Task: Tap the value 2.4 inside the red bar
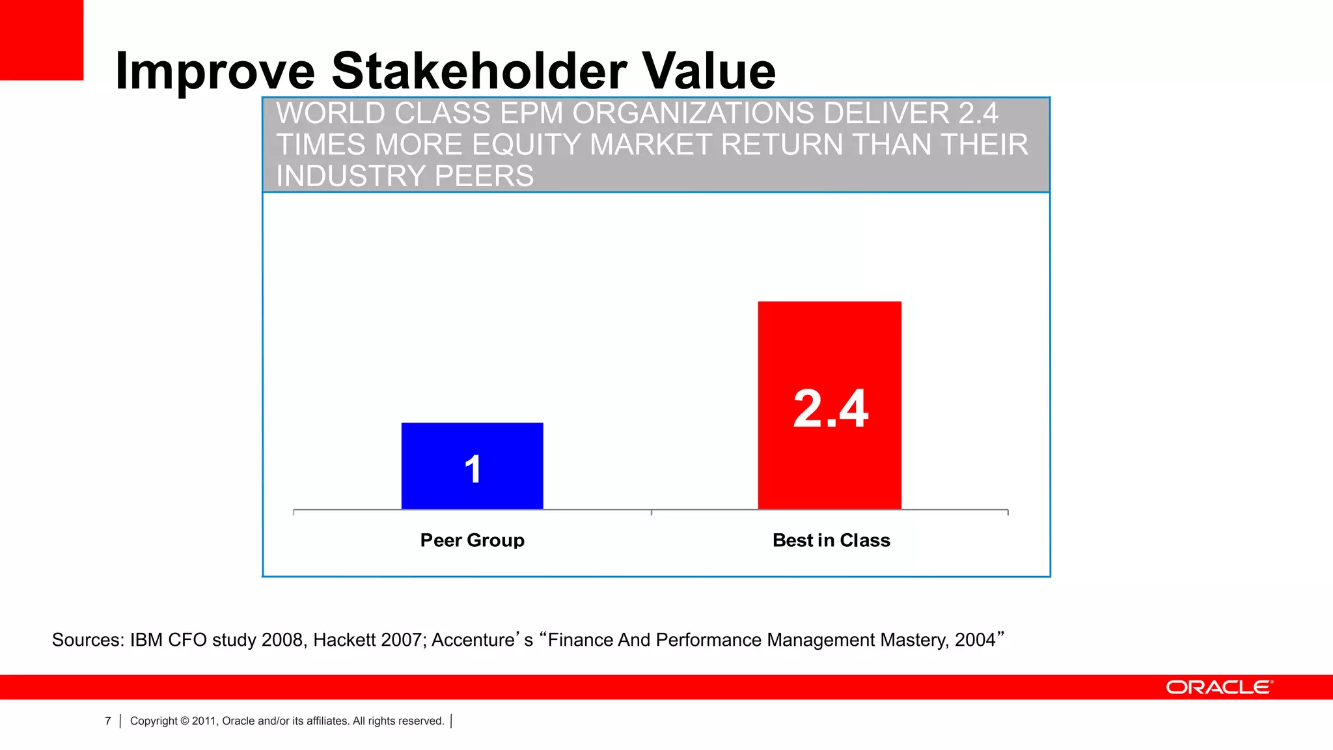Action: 831,409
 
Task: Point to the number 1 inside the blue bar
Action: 473,469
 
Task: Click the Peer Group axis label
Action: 472,540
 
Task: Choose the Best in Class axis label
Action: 831,540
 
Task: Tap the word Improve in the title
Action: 215,72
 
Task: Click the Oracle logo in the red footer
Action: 1219,687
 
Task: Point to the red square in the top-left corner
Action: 41,40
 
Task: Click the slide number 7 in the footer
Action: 108,721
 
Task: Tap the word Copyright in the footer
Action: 154,721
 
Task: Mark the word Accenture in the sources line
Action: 473,640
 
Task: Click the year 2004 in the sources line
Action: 975,640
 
